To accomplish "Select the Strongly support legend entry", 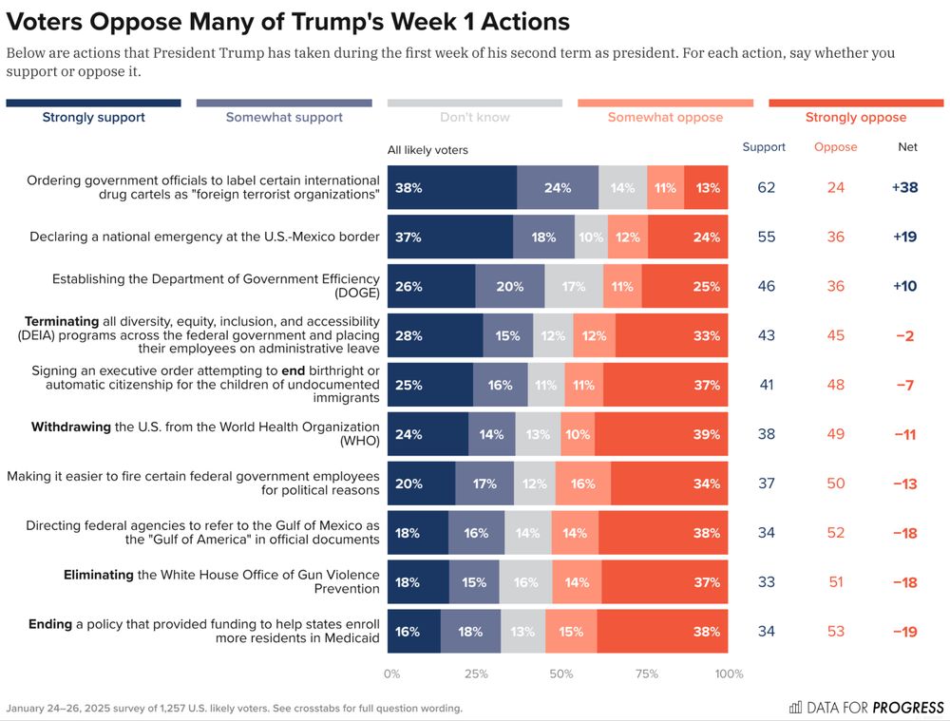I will (x=93, y=118).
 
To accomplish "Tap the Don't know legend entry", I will (x=474, y=118).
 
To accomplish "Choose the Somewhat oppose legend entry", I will (x=665, y=118).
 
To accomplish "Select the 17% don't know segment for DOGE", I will (x=574, y=287).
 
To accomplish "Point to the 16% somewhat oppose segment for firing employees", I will (x=582, y=484).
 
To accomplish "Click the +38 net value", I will (x=904, y=188).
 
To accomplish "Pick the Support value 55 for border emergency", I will (x=766, y=237).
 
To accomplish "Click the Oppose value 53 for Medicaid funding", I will (x=835, y=632).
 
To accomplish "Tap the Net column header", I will (x=907, y=147).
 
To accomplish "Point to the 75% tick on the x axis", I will (x=646, y=674).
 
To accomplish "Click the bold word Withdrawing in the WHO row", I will (x=71, y=427).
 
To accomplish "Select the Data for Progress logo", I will (x=866, y=708).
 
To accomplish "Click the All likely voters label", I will (x=427, y=150).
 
